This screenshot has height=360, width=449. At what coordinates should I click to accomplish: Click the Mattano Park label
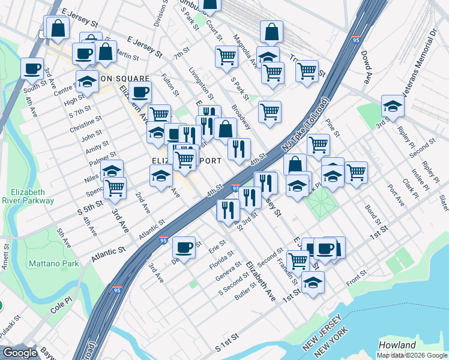[53, 263]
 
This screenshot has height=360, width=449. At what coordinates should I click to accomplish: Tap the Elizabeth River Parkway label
[28, 197]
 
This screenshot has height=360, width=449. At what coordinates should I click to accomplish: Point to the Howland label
[397, 345]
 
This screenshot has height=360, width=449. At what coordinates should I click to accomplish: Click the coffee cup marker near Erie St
[184, 246]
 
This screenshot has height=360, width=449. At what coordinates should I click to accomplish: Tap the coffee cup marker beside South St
[32, 68]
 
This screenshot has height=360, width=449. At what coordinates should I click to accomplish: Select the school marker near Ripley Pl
[393, 106]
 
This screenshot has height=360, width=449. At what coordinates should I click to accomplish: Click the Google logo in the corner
[20, 353]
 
